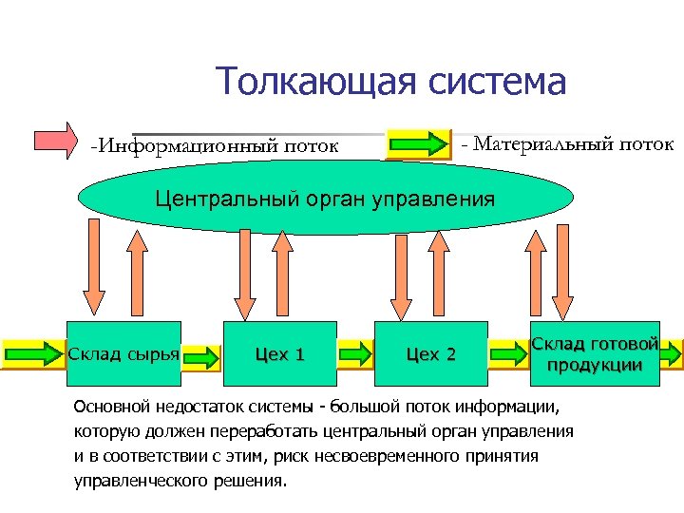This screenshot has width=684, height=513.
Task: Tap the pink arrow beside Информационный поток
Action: point(58,138)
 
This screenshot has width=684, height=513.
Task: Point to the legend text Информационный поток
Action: point(215,146)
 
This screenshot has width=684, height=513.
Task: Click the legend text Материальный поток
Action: point(567,144)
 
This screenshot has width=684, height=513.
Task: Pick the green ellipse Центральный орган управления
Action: point(325,199)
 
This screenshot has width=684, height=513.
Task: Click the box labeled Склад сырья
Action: point(123,354)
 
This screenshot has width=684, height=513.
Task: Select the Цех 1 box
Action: point(279,354)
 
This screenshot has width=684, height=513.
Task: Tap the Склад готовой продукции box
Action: point(594,353)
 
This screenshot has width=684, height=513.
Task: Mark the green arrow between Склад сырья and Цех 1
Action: point(200,355)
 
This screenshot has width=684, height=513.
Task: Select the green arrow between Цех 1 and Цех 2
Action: point(355,355)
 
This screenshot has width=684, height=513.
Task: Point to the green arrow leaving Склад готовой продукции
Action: point(672,354)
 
